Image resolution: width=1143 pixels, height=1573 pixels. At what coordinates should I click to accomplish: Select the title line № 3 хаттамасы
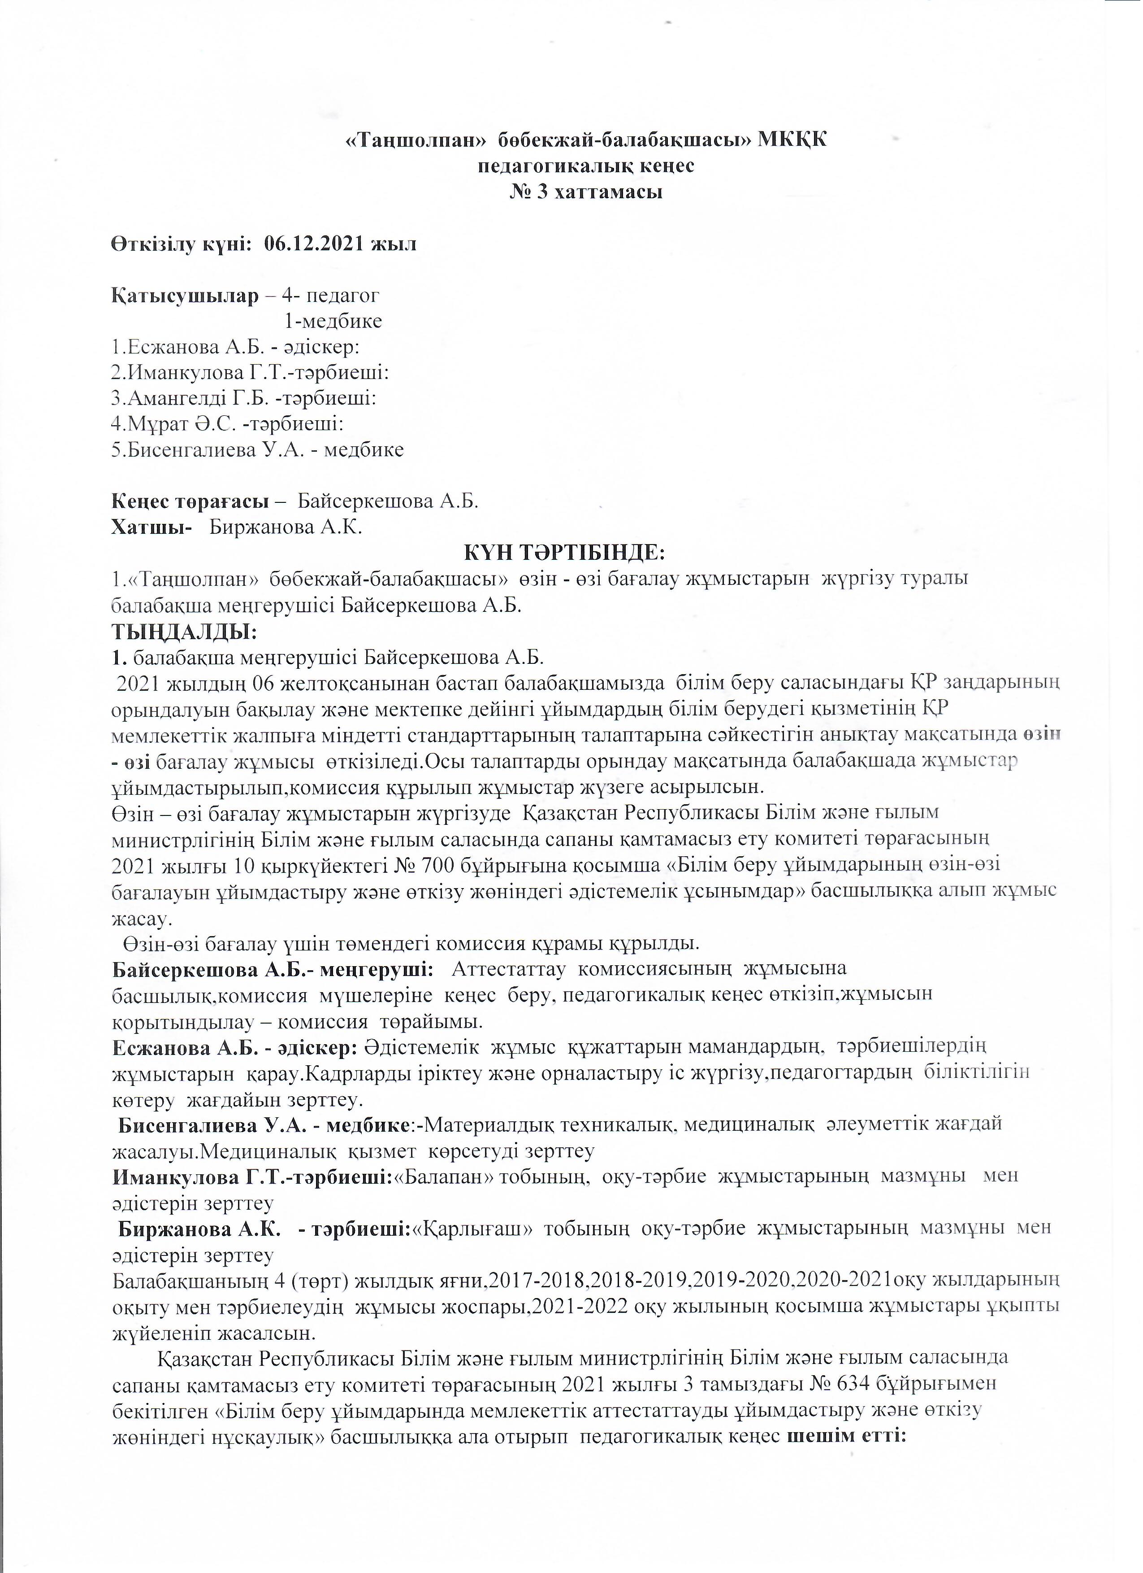[586, 192]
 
